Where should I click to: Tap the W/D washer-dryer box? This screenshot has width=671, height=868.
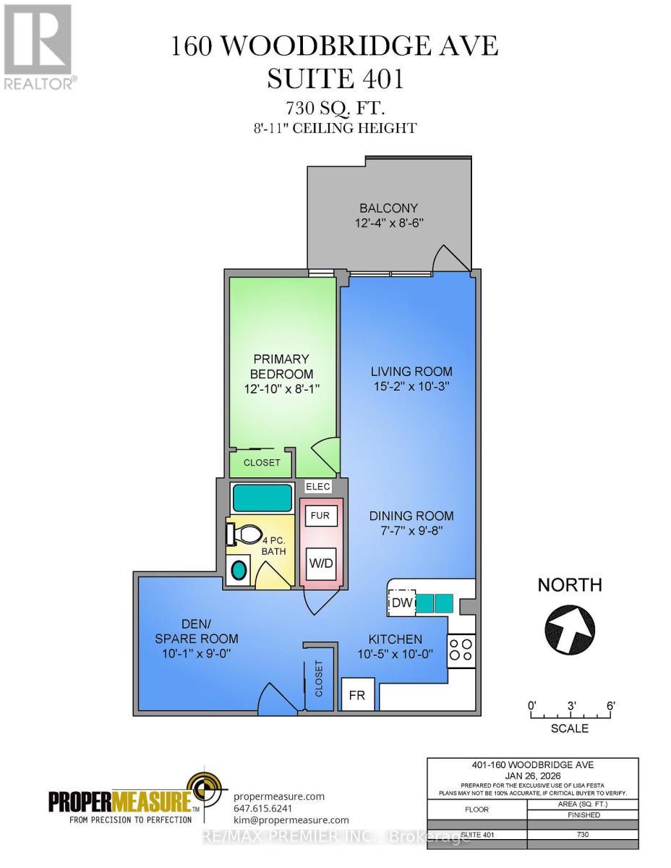(x=319, y=562)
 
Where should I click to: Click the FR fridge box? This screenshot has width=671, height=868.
(x=358, y=695)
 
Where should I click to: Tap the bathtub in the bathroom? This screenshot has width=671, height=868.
(x=261, y=498)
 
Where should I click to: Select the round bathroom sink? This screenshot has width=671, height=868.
(x=237, y=570)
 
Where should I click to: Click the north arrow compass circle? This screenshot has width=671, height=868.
(x=569, y=625)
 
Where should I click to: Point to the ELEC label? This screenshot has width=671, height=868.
(x=318, y=486)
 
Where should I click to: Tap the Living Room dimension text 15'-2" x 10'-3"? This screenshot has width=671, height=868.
(x=411, y=386)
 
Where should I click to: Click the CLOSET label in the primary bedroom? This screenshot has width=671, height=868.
(x=261, y=462)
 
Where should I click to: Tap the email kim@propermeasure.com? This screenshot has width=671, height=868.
(x=291, y=820)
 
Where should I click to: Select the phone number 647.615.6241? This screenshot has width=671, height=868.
(x=263, y=808)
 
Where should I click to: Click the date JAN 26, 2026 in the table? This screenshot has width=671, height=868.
(x=532, y=775)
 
